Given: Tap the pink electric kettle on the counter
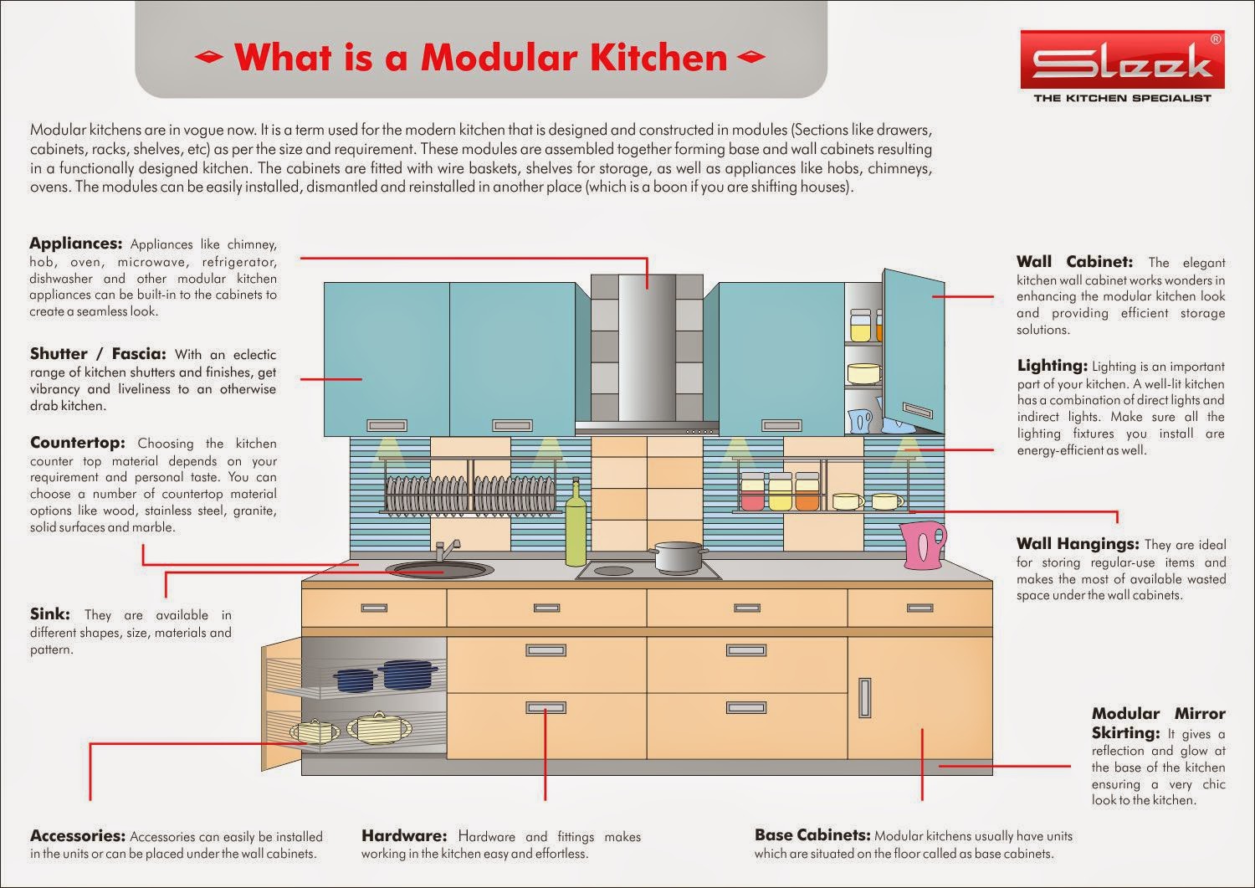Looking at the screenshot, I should [922, 545].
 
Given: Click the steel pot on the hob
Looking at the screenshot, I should [679, 557].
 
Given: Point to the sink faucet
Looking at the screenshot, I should [443, 549].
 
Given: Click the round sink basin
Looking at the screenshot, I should [439, 570].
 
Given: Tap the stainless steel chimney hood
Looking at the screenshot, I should [647, 352].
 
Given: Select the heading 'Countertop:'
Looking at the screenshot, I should [77, 443].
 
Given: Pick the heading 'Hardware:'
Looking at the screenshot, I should [404, 835].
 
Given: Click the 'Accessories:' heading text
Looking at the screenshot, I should [77, 835].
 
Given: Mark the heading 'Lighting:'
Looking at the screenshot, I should [1052, 366].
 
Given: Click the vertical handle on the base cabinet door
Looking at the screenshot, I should [865, 697].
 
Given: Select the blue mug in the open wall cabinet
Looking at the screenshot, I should [860, 419].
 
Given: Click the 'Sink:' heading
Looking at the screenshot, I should [50, 615].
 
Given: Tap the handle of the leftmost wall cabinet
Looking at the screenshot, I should [387, 425].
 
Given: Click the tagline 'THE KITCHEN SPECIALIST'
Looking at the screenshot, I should [1122, 99].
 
